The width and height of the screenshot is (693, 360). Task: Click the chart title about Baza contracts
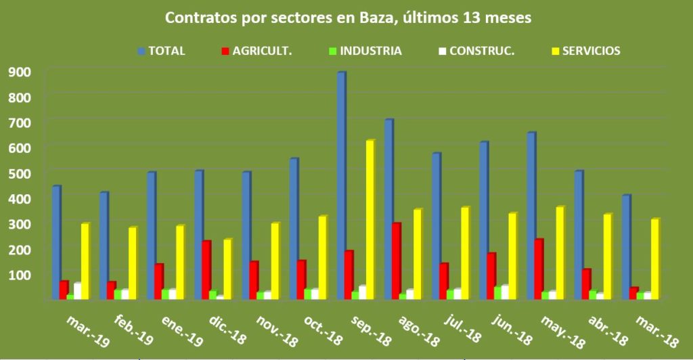pyautogui.click(x=348, y=19)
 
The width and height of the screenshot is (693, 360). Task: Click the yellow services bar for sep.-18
pyautogui.click(x=370, y=219)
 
